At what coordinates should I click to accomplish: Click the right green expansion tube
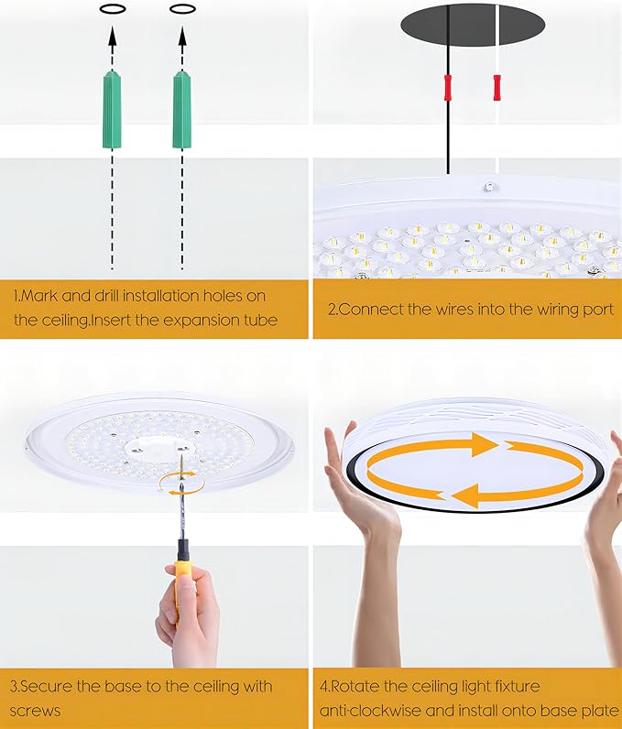[x=181, y=110]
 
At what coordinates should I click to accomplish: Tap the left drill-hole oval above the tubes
[x=111, y=8]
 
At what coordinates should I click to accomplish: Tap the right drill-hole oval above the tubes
[x=182, y=8]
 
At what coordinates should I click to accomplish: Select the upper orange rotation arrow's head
[x=483, y=445]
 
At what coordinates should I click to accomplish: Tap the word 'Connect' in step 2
[x=367, y=309]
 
